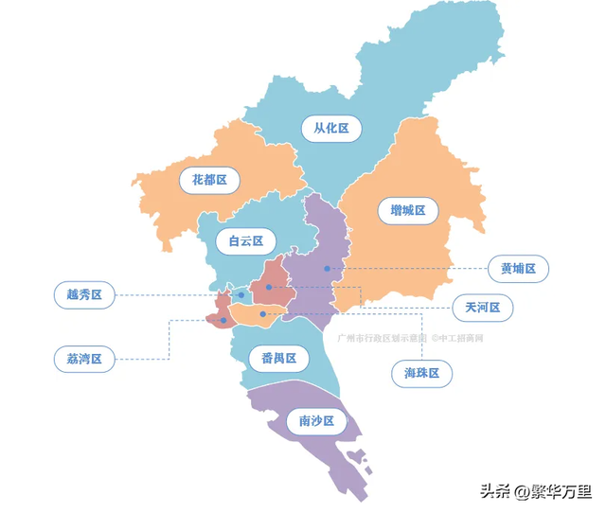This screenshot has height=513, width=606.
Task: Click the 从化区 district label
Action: [x=331, y=128]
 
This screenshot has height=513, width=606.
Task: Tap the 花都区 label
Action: [x=209, y=179]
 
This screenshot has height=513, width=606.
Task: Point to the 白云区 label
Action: [x=245, y=240]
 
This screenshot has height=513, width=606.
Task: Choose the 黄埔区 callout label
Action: [x=518, y=269]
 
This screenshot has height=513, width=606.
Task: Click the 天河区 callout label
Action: [x=482, y=308]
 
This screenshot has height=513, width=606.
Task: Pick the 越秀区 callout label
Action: [x=84, y=295]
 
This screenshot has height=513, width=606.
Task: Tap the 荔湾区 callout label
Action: [x=84, y=359]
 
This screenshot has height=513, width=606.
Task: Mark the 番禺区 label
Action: [x=278, y=359]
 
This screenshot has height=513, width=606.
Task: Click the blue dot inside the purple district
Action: [x=328, y=269]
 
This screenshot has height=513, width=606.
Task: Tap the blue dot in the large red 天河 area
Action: [x=269, y=287]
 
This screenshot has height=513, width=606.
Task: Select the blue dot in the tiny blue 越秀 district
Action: [x=241, y=295]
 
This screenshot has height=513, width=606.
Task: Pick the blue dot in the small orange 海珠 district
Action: [x=262, y=313]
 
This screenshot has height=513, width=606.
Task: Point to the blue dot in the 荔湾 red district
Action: [x=223, y=320]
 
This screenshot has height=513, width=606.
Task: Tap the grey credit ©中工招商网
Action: [x=457, y=337]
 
